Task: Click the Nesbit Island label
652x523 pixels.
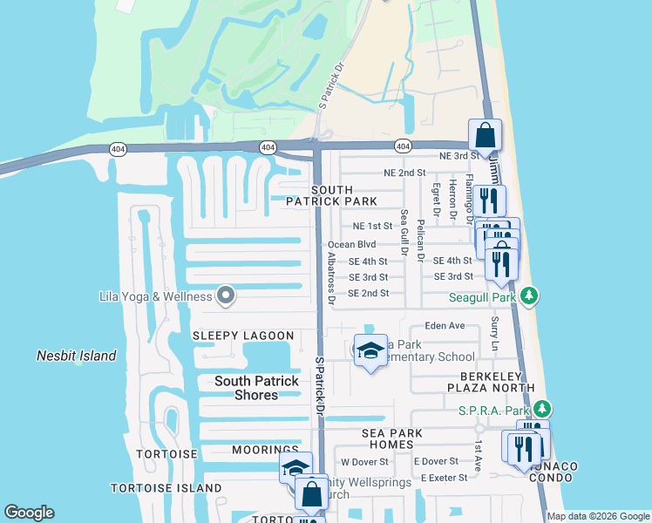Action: pyautogui.click(x=76, y=356)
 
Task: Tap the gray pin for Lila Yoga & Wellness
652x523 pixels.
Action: pyautogui.click(x=226, y=295)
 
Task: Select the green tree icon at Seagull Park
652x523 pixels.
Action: pyautogui.click(x=529, y=297)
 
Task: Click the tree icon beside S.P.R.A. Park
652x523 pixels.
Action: pyautogui.click(x=542, y=408)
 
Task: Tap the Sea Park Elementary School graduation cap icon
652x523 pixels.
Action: pyautogui.click(x=371, y=350)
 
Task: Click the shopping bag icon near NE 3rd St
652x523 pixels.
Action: pyautogui.click(x=485, y=136)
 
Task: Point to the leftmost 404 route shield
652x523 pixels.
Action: pyautogui.click(x=117, y=149)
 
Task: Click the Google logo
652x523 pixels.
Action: pyautogui.click(x=29, y=513)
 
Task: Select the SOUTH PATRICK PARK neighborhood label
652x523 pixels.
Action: pyautogui.click(x=332, y=195)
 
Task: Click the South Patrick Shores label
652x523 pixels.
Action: pyautogui.click(x=258, y=388)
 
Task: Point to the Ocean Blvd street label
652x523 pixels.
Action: pyautogui.click(x=351, y=245)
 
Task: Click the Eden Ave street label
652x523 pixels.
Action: pyautogui.click(x=445, y=325)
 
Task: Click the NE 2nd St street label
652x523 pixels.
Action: pyautogui.click(x=404, y=173)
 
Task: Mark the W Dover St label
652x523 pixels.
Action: pyautogui.click(x=364, y=461)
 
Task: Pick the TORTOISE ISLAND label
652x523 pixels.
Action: pyautogui.click(x=166, y=487)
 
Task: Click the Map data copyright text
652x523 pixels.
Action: pyautogui.click(x=597, y=516)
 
